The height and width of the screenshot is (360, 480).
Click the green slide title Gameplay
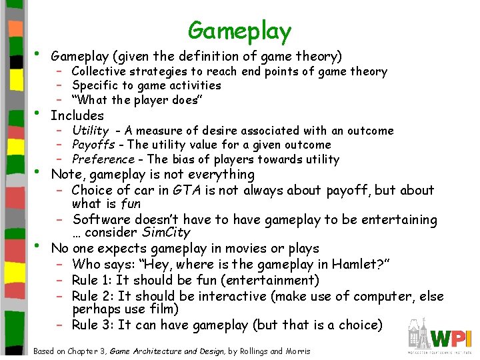(239, 31)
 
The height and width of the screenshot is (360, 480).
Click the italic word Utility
(90, 131)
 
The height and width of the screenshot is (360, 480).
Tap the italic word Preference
(103, 159)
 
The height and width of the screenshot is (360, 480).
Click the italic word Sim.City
(166, 233)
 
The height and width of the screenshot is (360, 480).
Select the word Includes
(77, 115)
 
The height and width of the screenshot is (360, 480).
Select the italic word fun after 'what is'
(129, 203)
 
